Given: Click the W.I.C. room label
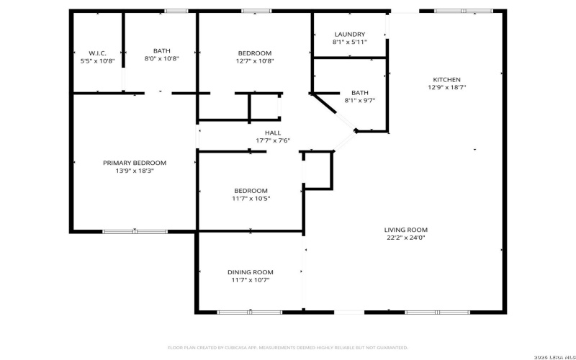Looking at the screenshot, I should (x=98, y=53).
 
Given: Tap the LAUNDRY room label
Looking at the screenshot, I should (x=350, y=34).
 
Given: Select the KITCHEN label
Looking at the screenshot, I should (x=446, y=79).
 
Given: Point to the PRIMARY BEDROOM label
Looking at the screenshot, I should (x=135, y=163).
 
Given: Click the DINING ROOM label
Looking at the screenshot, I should (x=251, y=271).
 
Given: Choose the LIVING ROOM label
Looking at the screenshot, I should (x=406, y=229).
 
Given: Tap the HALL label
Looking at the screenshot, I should (x=273, y=132).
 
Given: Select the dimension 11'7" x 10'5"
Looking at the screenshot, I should (x=251, y=198).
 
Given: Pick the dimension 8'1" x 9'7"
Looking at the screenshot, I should (x=359, y=100).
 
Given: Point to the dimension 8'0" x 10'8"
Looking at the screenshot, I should (x=162, y=58).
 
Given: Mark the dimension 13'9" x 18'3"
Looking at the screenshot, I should (x=135, y=171).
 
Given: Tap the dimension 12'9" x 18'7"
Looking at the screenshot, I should (x=446, y=87).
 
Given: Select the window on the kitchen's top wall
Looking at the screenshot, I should (x=463, y=11).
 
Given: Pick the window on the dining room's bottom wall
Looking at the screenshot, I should (x=240, y=312).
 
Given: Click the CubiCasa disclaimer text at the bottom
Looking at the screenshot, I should (x=288, y=346).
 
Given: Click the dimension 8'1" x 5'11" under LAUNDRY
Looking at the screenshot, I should (x=350, y=42).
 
